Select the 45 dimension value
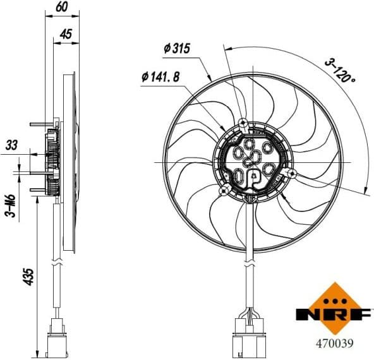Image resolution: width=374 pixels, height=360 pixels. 65,35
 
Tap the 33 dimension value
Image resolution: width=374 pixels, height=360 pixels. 12,145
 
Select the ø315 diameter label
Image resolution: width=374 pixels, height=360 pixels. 177,49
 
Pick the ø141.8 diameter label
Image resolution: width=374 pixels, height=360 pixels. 160,77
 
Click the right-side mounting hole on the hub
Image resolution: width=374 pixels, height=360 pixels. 291,173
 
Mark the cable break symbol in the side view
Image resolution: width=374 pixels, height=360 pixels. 58,260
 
